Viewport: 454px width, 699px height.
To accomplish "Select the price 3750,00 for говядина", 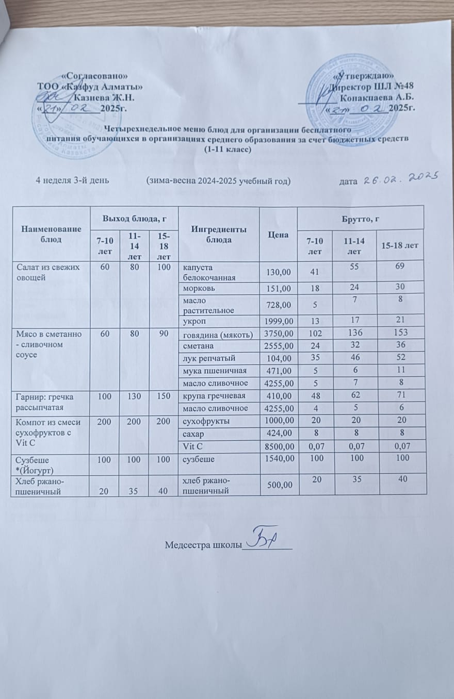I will (278, 335).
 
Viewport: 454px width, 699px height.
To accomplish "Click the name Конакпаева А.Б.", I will (378, 97).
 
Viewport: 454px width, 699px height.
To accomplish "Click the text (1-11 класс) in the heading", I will (228, 150).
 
